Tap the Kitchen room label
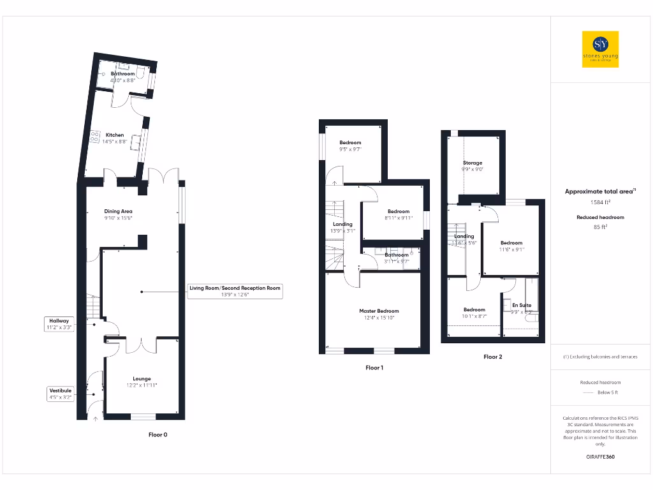tap(115, 135)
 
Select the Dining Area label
tap(118, 211)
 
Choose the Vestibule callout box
tap(61, 393)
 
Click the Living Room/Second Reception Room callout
tap(235, 291)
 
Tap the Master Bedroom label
tap(379, 311)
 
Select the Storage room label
tap(473, 163)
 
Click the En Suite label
tap(521, 306)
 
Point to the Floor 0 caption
tap(158, 434)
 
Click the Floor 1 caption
tap(374, 367)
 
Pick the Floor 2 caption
tap(492, 357)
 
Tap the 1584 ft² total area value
tap(600, 202)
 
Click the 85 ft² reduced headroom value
tap(601, 226)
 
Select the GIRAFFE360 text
tap(600, 457)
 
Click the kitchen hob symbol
tap(95, 136)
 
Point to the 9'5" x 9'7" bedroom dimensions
tap(350, 150)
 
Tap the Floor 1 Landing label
tap(342, 225)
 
